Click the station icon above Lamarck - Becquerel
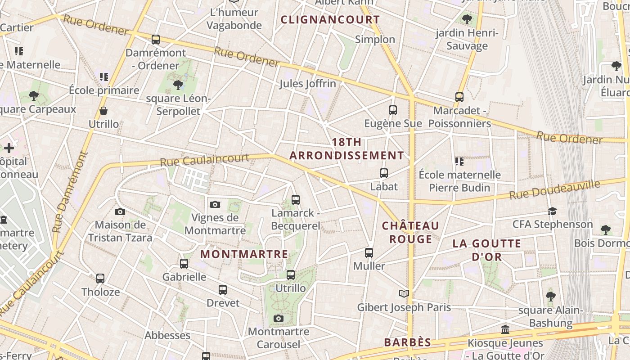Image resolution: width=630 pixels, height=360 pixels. [x=296, y=199]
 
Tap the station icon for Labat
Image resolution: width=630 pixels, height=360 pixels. [x=384, y=173]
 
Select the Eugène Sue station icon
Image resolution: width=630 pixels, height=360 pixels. [x=393, y=110]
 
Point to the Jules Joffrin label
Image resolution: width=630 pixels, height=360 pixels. [x=308, y=84]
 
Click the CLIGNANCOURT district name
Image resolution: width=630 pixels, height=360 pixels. [x=330, y=20]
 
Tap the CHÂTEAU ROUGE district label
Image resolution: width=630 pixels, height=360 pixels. [x=410, y=232]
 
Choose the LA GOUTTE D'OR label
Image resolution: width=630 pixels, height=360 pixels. [x=486, y=250]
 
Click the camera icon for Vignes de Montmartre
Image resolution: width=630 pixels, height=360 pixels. [x=215, y=204]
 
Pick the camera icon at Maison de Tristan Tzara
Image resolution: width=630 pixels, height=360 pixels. [x=120, y=211]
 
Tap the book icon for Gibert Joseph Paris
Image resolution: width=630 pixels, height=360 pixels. [x=404, y=293]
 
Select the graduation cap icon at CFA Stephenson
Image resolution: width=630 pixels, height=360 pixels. [x=552, y=211]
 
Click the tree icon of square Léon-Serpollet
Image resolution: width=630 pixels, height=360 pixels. [x=178, y=84]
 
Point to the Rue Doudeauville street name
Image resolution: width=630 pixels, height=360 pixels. [x=555, y=189]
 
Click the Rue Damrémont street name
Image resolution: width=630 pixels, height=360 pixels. [x=69, y=192]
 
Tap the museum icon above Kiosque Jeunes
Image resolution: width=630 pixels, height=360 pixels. [x=505, y=330]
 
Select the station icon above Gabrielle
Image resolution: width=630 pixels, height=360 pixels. [x=184, y=263]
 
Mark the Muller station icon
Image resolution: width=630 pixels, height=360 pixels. [x=369, y=252]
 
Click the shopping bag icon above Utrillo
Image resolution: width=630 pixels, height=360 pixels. [x=103, y=111]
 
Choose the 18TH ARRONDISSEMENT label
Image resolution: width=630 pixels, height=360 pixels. [x=346, y=149]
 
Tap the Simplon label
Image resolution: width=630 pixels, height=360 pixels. [x=375, y=40]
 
